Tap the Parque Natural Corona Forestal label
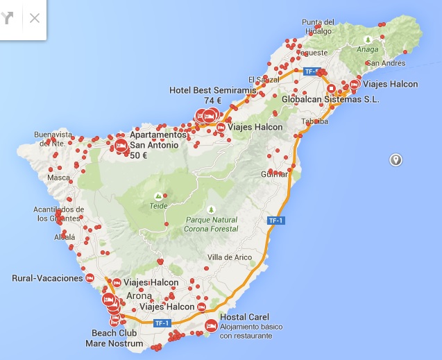coord(211,224)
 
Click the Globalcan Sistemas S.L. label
coord(331,99)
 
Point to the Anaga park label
coord(367,49)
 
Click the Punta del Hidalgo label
coord(318,26)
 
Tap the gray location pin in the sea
coord(396,160)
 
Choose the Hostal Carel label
coord(239,317)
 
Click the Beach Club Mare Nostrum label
coord(114,338)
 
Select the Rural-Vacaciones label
coord(47,278)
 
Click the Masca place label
coord(58,178)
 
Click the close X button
coord(35,18)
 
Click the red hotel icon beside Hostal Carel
coord(210,325)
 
